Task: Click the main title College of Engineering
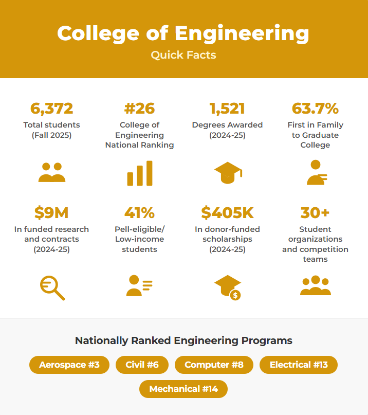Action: (183, 33)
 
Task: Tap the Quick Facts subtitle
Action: (183, 55)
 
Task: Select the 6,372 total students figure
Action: (51, 109)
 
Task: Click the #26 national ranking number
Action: (139, 109)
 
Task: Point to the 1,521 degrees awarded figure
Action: (227, 109)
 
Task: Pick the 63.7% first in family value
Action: (315, 109)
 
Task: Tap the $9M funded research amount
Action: (51, 212)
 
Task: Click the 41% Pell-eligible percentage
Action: (139, 212)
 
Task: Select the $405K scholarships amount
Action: (227, 212)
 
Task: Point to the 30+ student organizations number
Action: (315, 212)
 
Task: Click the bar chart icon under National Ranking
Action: (140, 173)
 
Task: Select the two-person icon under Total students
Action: (52, 172)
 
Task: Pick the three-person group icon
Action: (315, 286)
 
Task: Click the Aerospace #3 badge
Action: (69, 365)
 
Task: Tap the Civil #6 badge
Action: (142, 365)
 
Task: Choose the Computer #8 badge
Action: (214, 365)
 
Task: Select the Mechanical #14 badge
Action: (183, 389)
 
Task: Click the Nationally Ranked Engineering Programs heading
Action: (183, 340)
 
